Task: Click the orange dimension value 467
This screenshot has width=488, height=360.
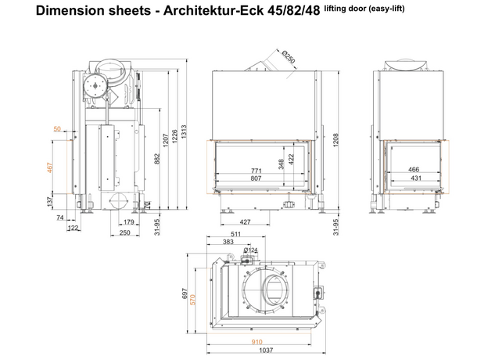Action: [x=51, y=170]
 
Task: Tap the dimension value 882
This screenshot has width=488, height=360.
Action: [x=156, y=160]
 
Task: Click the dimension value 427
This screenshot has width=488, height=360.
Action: [x=246, y=221]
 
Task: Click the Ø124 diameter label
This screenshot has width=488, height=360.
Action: [x=252, y=250]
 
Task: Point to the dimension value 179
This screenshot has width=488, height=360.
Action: [x=129, y=222]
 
